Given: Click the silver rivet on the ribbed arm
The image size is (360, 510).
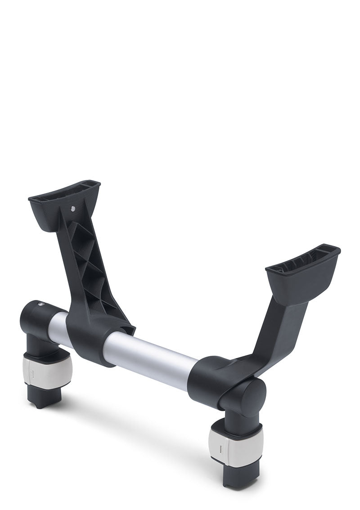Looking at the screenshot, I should (73, 208).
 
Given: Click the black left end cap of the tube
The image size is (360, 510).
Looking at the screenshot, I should (36, 317).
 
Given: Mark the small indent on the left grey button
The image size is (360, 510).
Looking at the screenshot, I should (32, 372).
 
